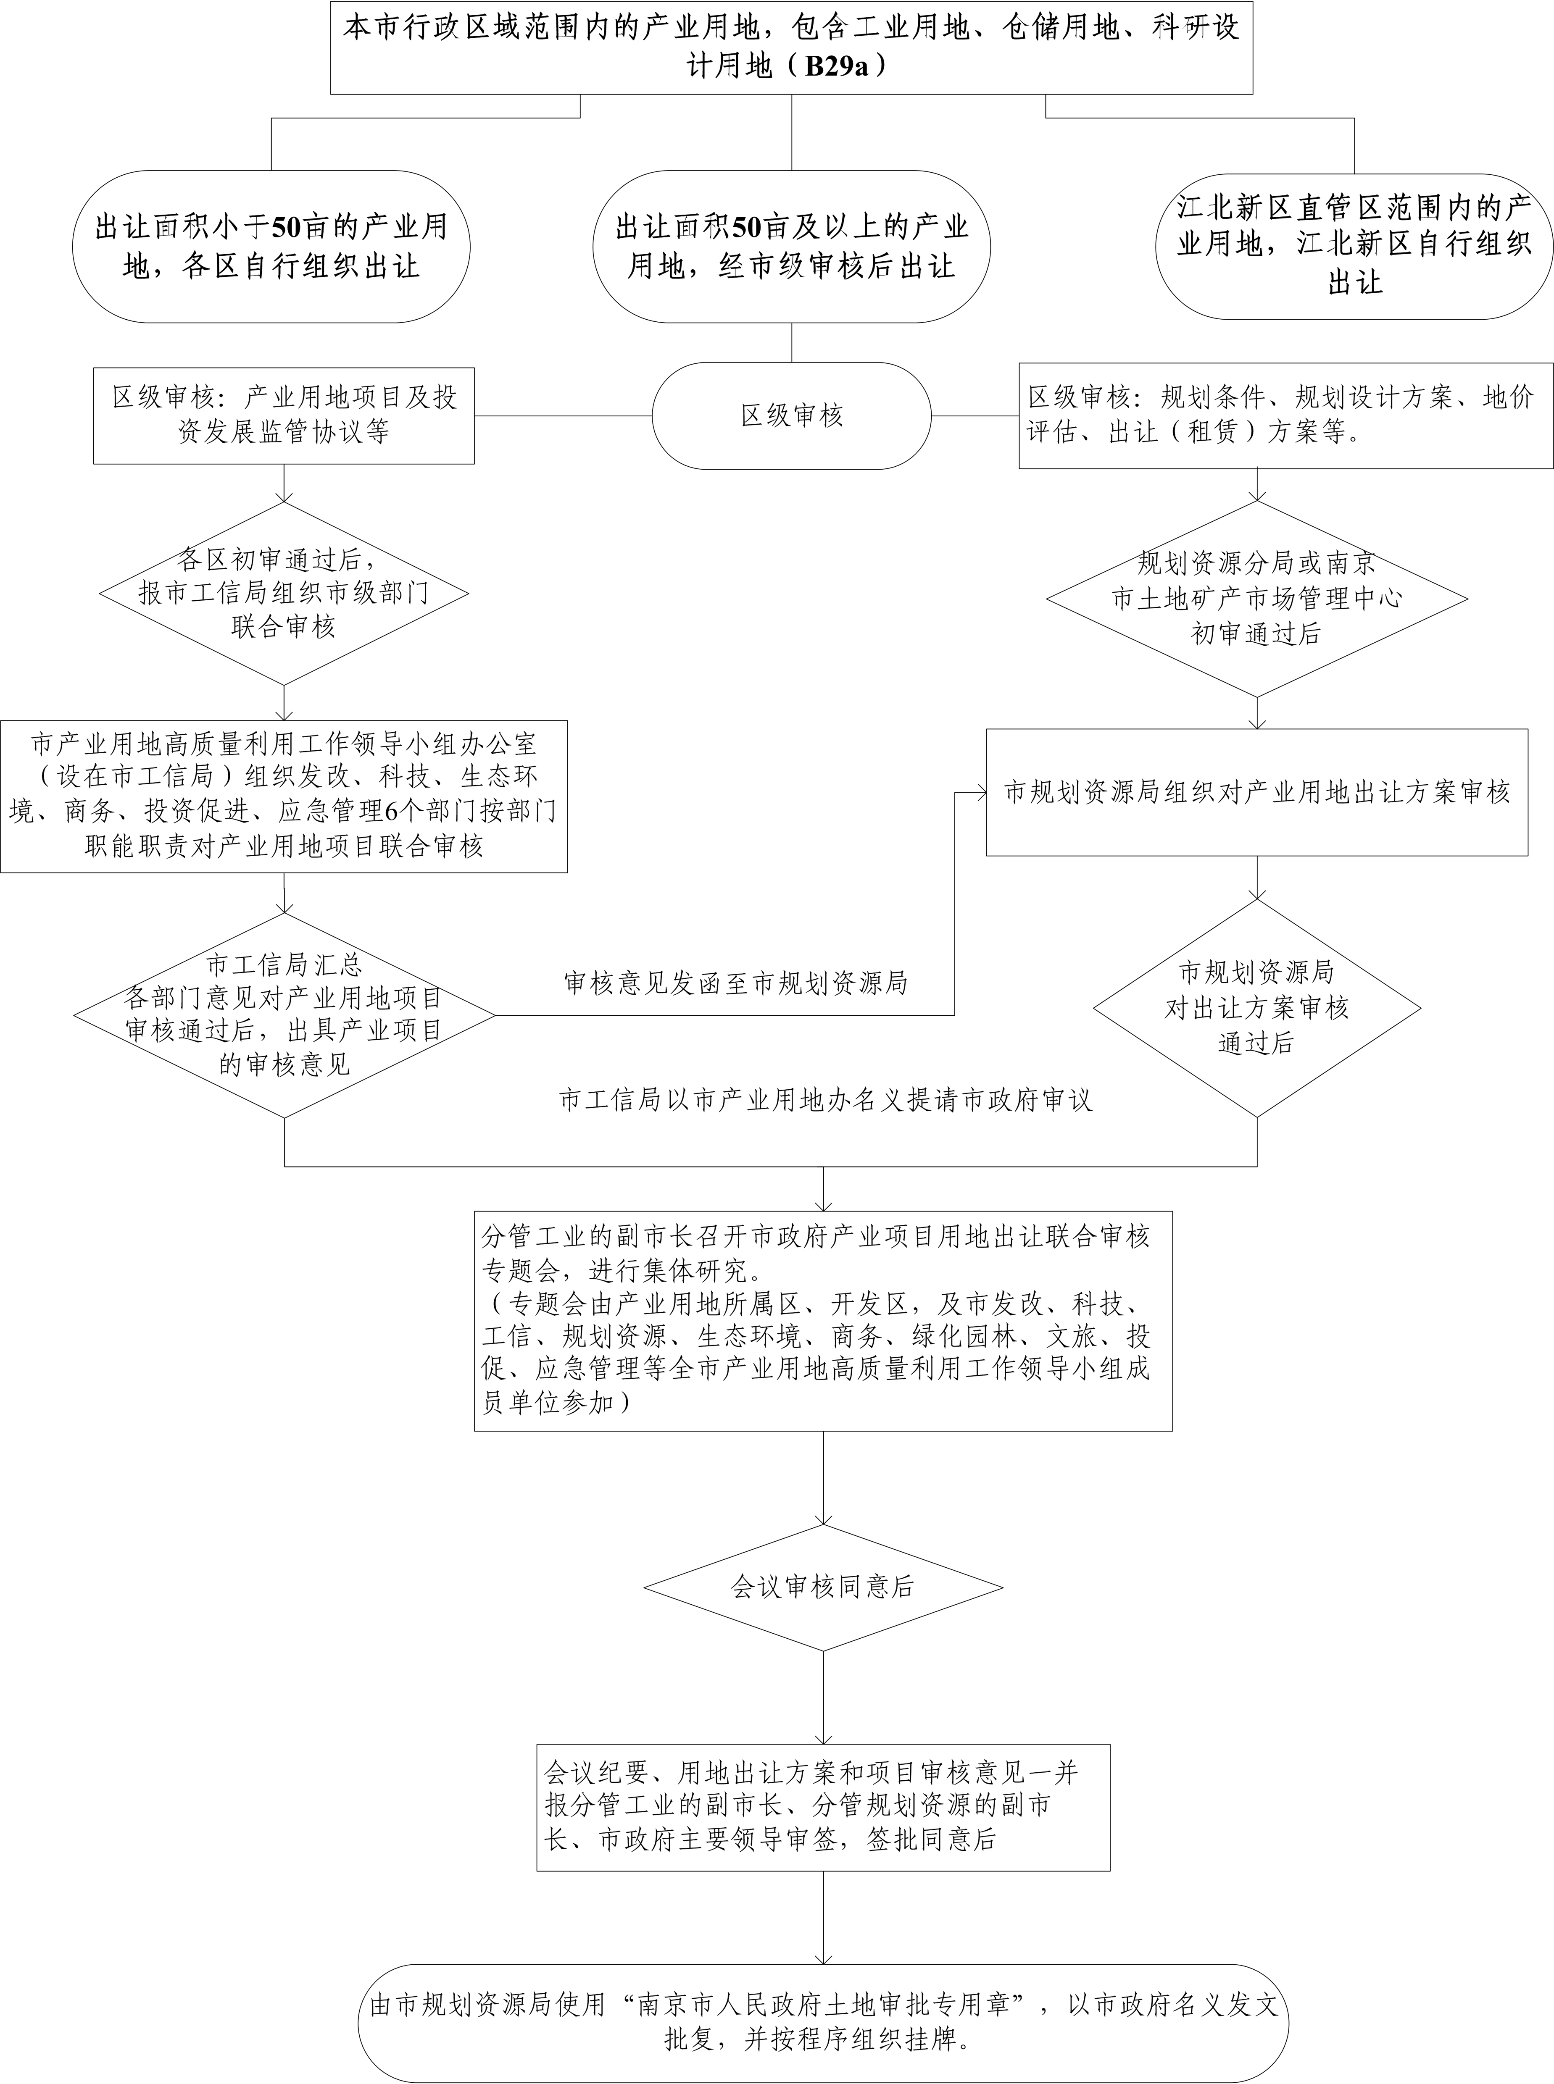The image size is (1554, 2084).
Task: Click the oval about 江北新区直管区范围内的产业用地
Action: pyautogui.click(x=1354, y=245)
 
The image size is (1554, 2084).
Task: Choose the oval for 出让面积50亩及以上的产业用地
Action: pyautogui.click(x=791, y=247)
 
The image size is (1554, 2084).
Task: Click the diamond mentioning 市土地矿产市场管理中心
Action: pyautogui.click(x=1257, y=598)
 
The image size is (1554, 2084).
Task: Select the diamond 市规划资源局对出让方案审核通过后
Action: pyautogui.click(x=1257, y=1008)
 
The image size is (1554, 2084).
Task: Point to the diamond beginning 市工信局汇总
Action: pyautogui.click(x=284, y=1016)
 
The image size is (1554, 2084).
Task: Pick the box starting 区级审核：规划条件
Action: pyautogui.click(x=1286, y=416)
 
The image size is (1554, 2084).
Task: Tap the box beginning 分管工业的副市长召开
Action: pyautogui.click(x=823, y=1321)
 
